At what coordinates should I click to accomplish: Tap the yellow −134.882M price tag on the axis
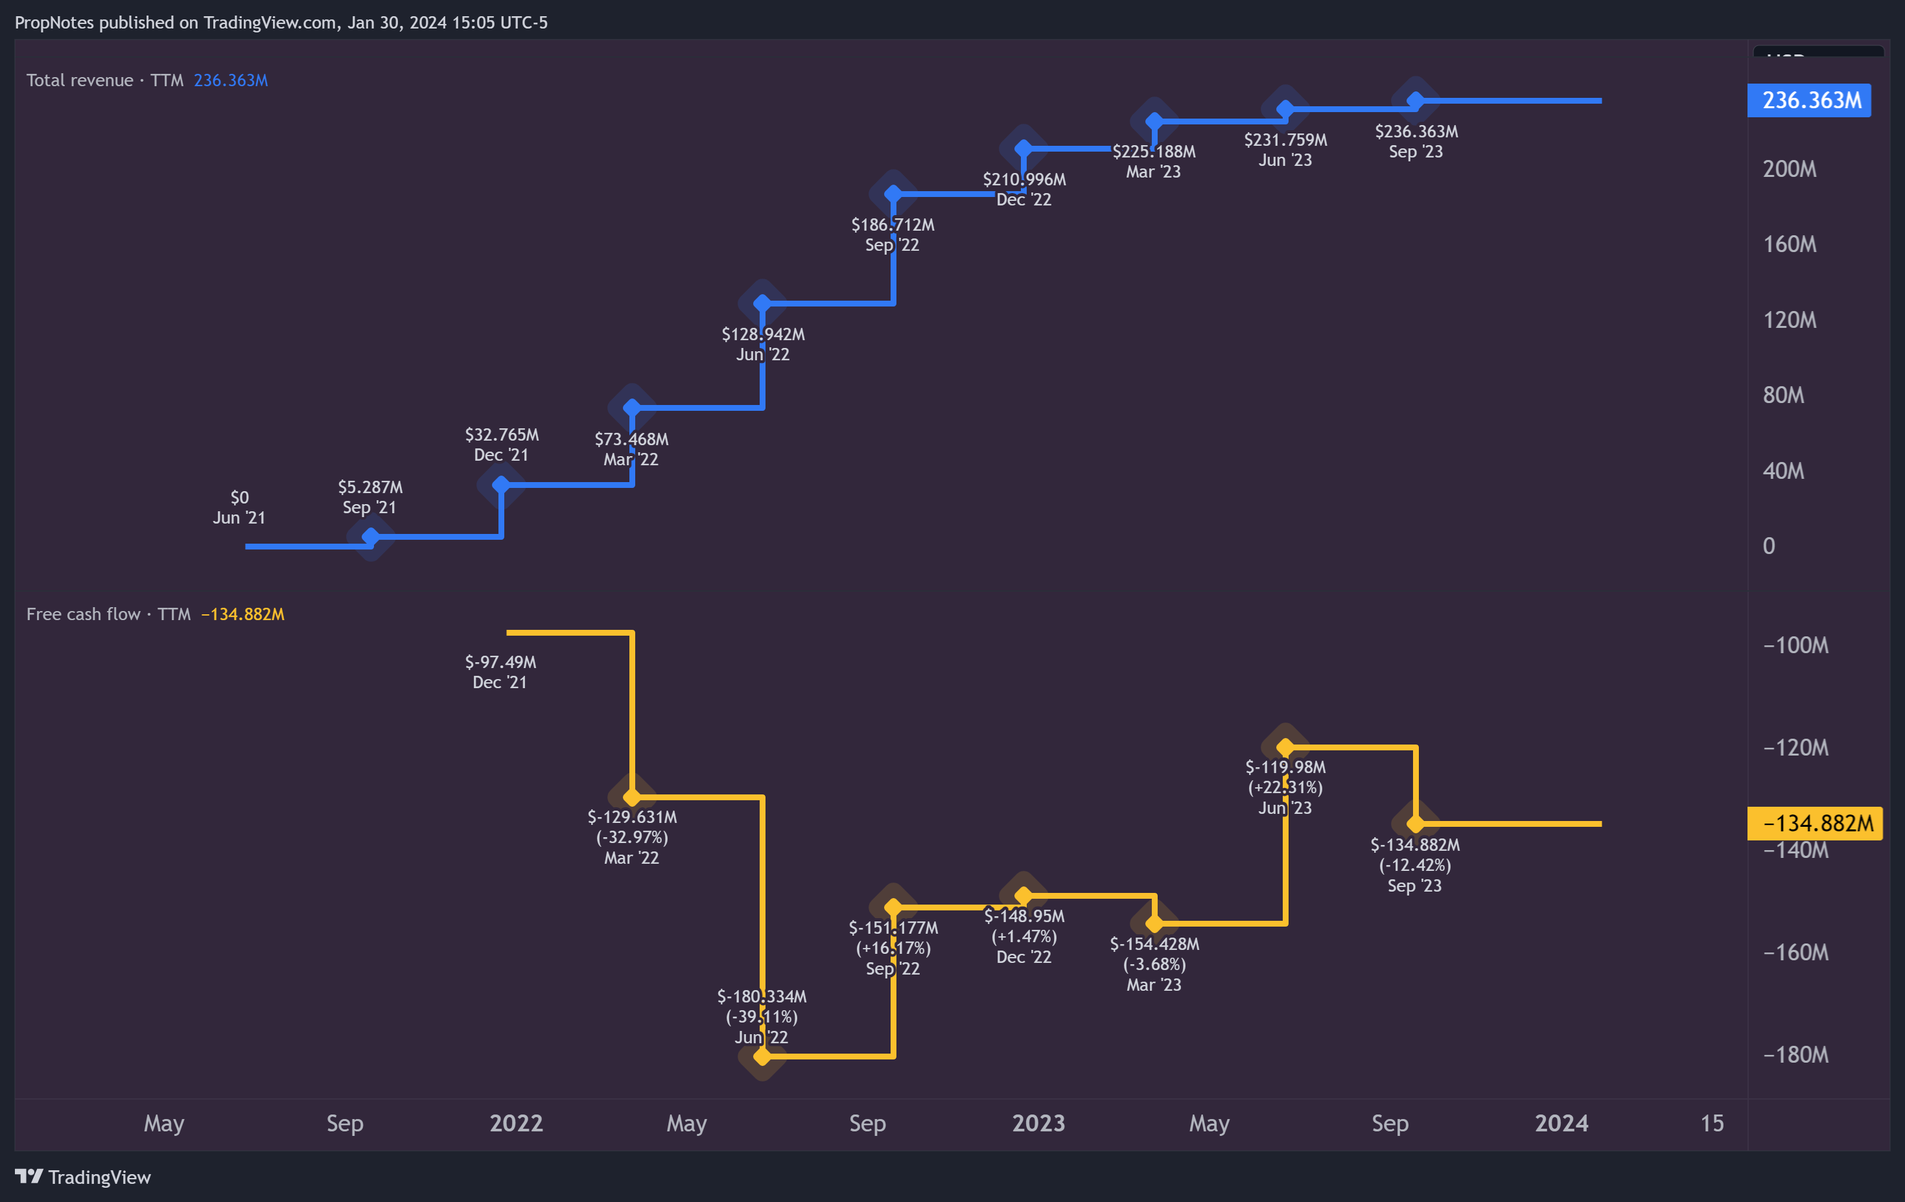(x=1815, y=823)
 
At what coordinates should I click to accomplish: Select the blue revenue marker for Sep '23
(x=1416, y=100)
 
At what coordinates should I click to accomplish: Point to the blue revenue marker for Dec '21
(x=501, y=485)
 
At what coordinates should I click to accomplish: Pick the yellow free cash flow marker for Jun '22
(x=762, y=1056)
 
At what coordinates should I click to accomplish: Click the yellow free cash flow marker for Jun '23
(x=1285, y=746)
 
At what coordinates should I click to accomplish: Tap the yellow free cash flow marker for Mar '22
(x=631, y=796)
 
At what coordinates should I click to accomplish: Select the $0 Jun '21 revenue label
(x=239, y=507)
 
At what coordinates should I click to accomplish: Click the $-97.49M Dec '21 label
(x=500, y=671)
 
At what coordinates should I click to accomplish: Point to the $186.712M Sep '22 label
(x=893, y=234)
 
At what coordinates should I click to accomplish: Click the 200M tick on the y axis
(x=1790, y=168)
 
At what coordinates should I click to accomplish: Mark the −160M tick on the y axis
(x=1796, y=952)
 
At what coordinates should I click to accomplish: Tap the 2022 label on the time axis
(x=516, y=1123)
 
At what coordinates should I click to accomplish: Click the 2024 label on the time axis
(x=1561, y=1123)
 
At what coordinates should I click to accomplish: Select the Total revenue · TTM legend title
(x=104, y=80)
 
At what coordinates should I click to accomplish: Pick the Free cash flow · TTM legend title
(x=108, y=614)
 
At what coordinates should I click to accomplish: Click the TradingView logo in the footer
(x=83, y=1177)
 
